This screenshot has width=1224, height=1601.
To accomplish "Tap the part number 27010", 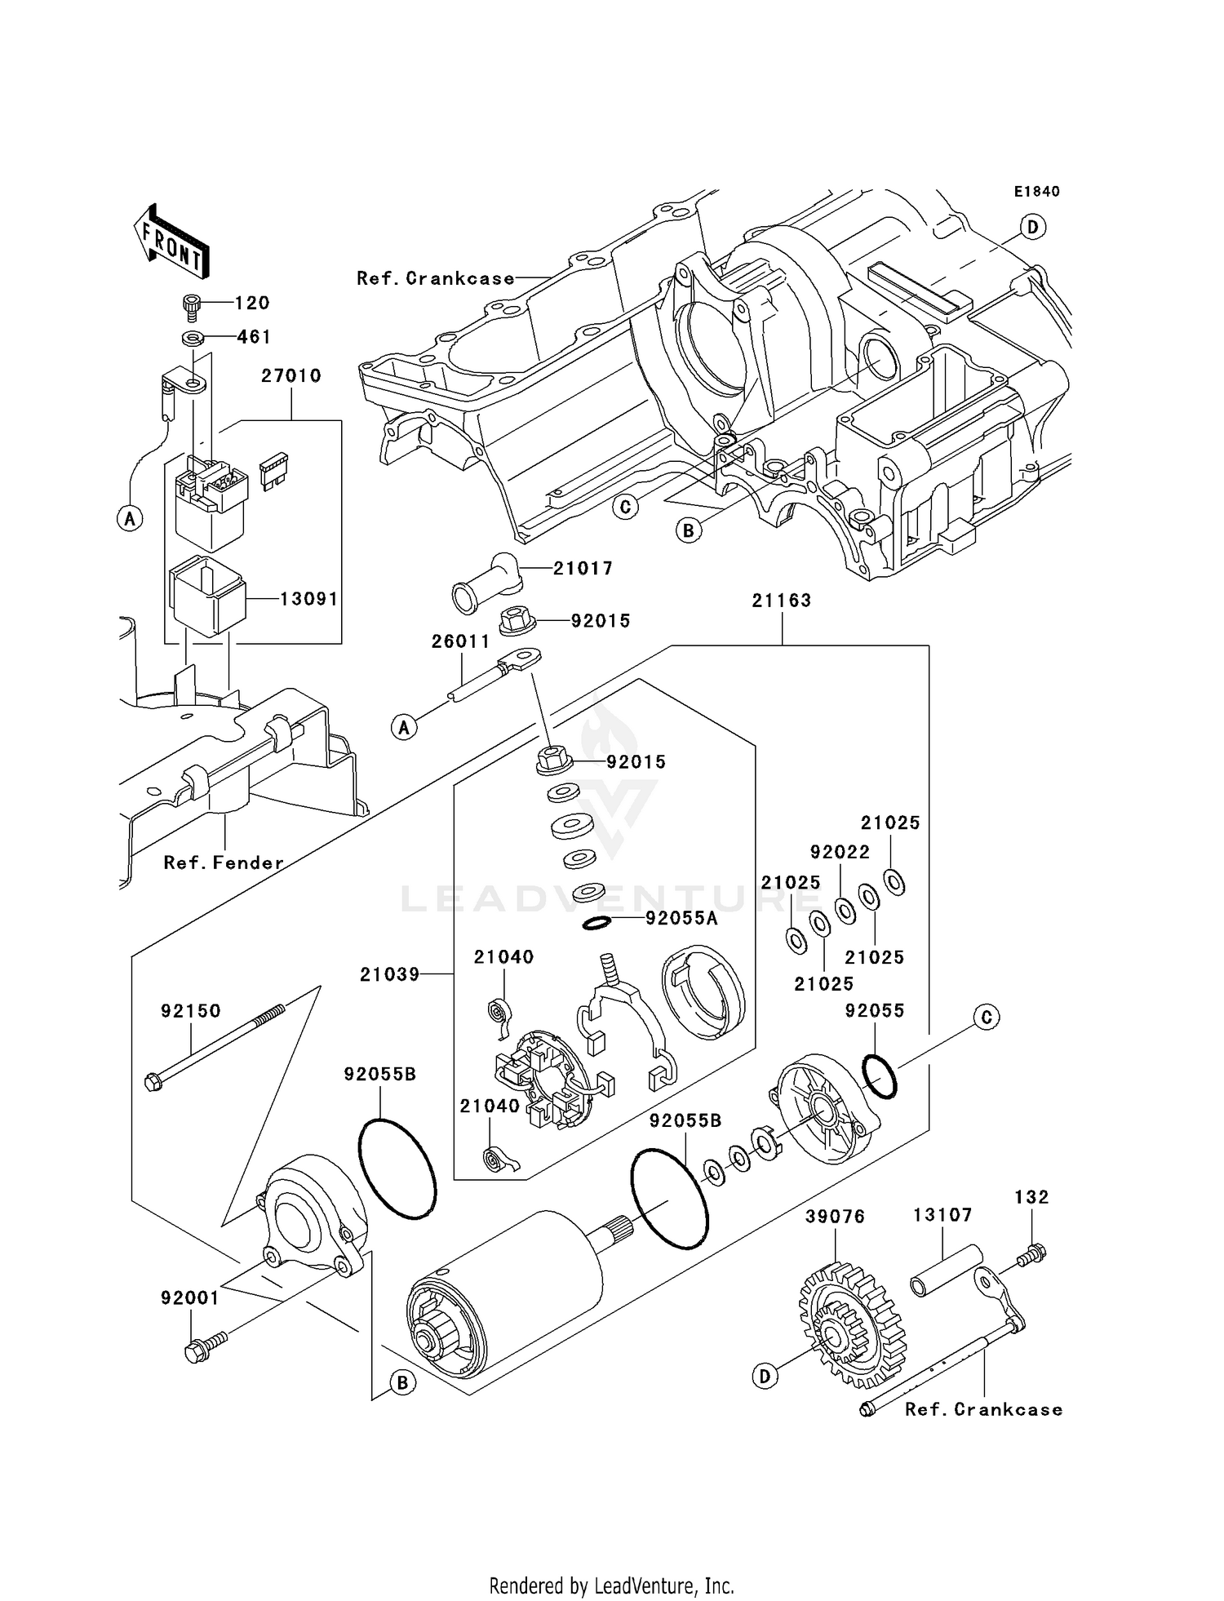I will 291,376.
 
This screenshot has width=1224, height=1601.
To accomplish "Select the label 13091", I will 308,599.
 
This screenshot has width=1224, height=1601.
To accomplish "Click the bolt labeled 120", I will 192,304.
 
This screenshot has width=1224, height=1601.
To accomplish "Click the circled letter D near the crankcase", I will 1033,227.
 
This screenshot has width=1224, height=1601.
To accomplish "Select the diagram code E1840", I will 1036,192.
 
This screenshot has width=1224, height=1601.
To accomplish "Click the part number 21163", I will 782,601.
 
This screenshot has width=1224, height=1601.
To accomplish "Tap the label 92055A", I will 681,919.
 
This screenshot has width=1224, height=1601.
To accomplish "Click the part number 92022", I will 840,852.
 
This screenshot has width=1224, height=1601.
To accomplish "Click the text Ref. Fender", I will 224,863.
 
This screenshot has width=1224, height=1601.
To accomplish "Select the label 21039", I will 389,974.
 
